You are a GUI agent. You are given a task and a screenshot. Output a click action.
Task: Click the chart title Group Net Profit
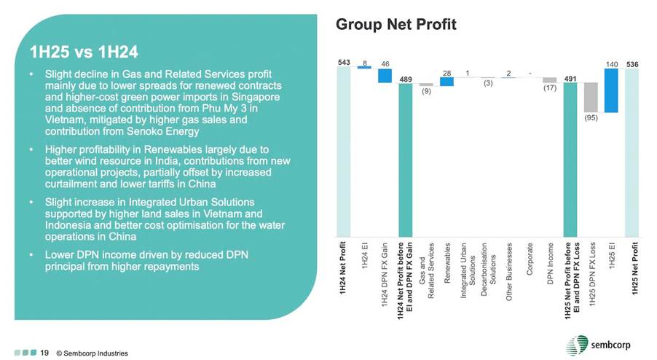(x=396, y=25)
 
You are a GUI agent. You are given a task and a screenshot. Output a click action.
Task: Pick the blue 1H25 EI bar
(x=612, y=90)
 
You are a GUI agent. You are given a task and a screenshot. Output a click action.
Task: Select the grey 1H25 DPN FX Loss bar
(x=591, y=96)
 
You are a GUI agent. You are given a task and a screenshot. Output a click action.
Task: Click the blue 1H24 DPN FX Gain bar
(x=385, y=76)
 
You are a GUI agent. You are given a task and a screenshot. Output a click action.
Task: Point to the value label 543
(x=343, y=62)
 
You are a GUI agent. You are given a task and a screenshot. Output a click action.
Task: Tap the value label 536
(x=632, y=63)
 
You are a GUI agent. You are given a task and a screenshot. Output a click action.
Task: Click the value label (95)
(x=591, y=117)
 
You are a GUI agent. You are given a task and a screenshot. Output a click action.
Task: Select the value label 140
(x=612, y=63)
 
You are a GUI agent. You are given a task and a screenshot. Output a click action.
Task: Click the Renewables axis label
(x=446, y=260)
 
